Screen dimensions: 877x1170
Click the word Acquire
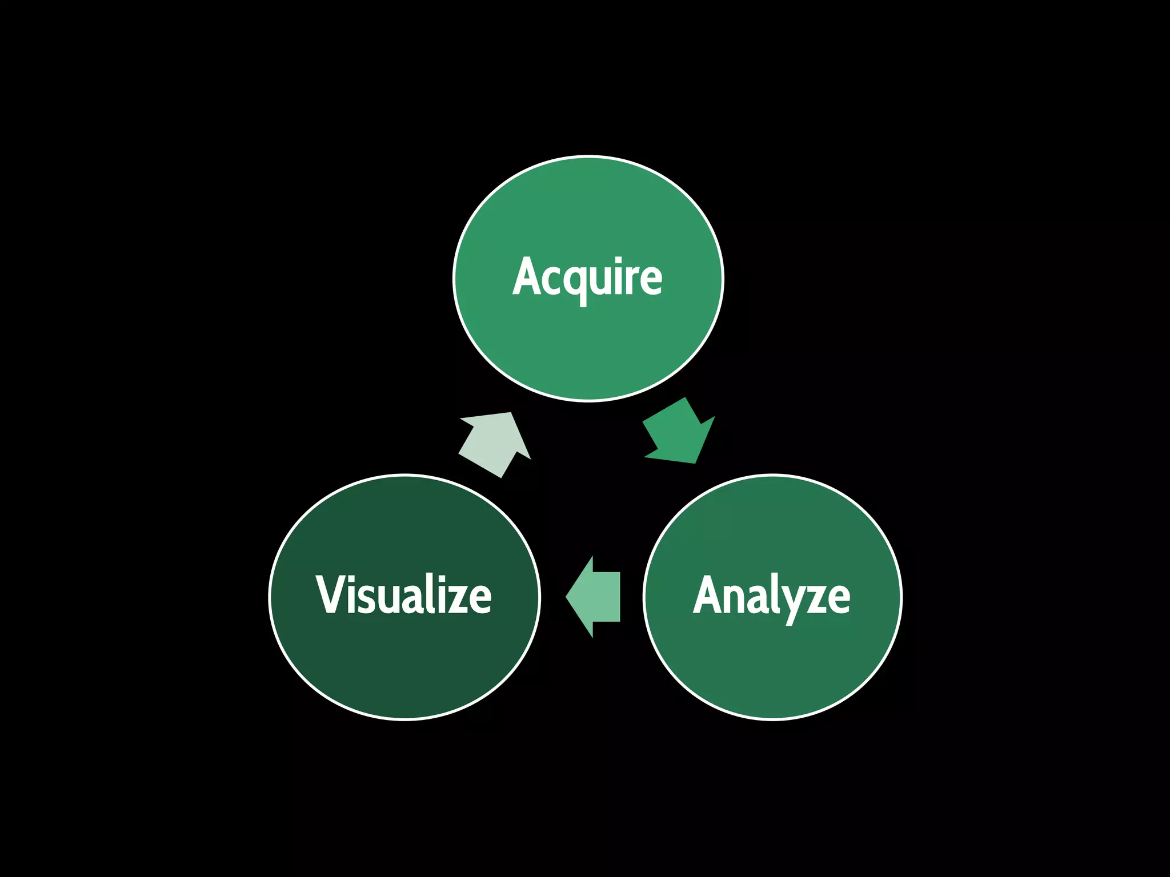pos(587,278)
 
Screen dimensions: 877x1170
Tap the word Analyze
pos(772,597)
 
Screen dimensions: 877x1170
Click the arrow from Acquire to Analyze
pos(680,432)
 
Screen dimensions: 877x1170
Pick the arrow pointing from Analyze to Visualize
pos(595,597)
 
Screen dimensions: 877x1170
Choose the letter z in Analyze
pos(817,600)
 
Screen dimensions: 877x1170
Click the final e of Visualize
pos(481,599)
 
